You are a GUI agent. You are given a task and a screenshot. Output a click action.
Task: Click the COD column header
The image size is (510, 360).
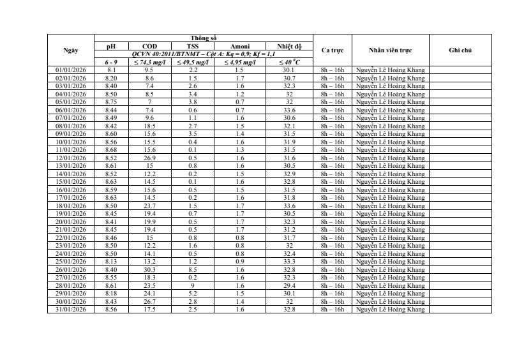[x=149, y=46]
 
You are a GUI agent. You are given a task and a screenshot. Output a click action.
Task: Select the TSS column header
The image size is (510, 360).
[x=192, y=46]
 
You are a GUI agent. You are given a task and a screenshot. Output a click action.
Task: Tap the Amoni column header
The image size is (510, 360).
[x=239, y=46]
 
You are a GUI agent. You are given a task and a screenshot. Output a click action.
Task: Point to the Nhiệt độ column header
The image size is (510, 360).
[x=289, y=46]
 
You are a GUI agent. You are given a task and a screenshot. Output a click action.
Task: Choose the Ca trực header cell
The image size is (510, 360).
[x=332, y=50]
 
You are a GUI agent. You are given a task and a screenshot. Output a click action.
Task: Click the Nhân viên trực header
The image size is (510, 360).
[x=390, y=50]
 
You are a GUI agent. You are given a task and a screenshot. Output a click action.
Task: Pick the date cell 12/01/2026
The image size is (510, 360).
[x=71, y=158]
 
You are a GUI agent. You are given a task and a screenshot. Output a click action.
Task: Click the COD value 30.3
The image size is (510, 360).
[x=149, y=269]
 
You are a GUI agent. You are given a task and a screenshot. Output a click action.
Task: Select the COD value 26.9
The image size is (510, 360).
[x=149, y=158]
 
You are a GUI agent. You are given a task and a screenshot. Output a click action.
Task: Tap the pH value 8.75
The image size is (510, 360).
[x=111, y=101]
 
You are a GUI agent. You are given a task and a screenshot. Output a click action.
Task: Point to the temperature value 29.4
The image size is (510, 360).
[x=289, y=285]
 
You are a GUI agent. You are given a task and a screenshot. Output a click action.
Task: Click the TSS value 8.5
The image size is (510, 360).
[x=192, y=269]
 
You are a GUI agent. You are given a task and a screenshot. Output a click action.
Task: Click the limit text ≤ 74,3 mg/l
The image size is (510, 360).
[x=149, y=62]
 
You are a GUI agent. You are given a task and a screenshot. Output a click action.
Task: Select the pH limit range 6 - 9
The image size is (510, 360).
[x=111, y=62]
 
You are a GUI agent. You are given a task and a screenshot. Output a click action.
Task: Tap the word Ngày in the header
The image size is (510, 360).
[x=71, y=50]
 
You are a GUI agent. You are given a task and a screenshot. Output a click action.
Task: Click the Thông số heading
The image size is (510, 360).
[x=204, y=38]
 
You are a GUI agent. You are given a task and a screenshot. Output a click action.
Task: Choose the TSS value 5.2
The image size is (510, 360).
[x=192, y=293]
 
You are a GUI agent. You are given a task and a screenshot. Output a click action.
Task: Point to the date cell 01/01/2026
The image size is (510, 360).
[x=71, y=70]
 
